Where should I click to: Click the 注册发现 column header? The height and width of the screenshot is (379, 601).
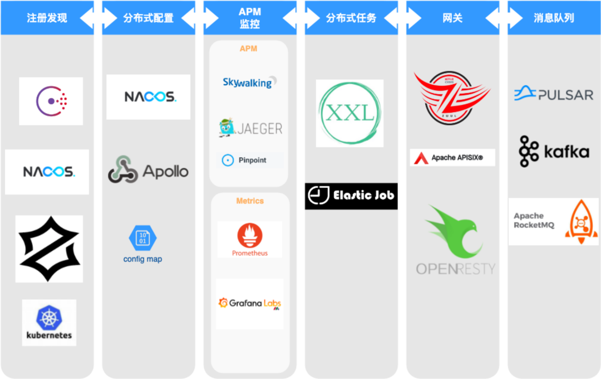click(x=47, y=18)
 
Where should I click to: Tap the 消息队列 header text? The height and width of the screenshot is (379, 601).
click(x=553, y=18)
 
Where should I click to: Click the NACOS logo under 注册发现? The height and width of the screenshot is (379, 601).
click(x=47, y=172)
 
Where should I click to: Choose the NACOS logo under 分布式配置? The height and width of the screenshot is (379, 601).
click(x=149, y=96)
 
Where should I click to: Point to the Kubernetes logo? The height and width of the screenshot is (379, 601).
click(x=49, y=322)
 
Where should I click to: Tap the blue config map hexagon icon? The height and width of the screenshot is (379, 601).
click(x=142, y=238)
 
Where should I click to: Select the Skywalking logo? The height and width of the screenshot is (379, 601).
click(x=249, y=82)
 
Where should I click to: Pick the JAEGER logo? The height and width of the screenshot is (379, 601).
click(x=250, y=128)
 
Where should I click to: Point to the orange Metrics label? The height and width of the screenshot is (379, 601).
click(x=250, y=201)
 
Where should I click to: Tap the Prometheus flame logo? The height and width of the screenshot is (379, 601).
click(x=250, y=235)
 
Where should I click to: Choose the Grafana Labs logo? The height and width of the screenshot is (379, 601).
click(x=250, y=304)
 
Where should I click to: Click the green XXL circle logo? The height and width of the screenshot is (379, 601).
click(x=349, y=113)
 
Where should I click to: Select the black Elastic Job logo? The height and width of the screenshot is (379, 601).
click(x=351, y=196)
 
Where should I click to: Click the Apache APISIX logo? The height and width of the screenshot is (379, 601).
click(x=452, y=158)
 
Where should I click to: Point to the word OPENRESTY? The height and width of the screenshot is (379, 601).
click(x=455, y=269)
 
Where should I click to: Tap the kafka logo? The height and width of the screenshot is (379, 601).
click(x=554, y=151)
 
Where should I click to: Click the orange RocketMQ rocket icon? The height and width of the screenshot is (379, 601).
click(x=581, y=221)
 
